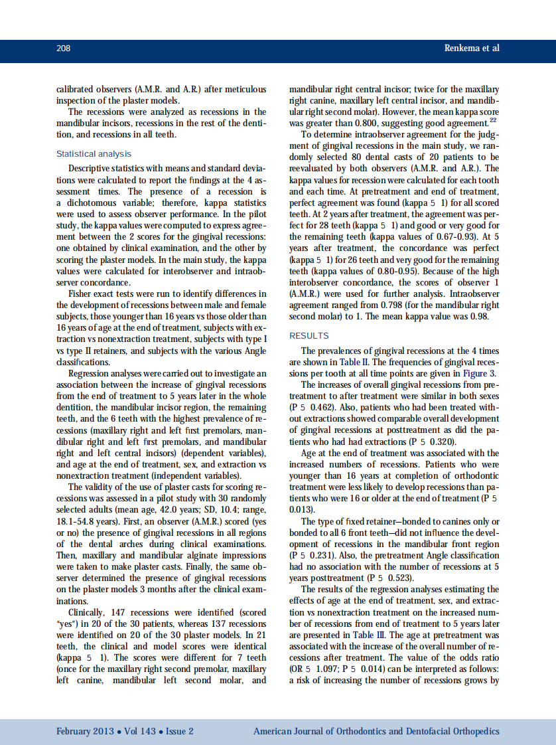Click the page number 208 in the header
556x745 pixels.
click(x=64, y=48)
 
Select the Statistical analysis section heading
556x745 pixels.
click(x=94, y=154)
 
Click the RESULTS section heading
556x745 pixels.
click(x=309, y=336)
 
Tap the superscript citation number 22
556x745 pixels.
click(x=493, y=119)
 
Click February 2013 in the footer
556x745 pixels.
click(x=87, y=731)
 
